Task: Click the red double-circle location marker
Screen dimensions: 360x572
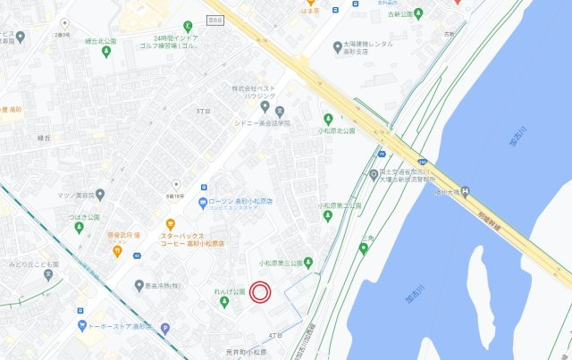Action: [259, 291]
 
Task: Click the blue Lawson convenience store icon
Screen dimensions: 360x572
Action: [203, 202]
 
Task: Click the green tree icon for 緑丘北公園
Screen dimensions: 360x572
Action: [105, 52]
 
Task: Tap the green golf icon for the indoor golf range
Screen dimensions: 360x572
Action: [188, 26]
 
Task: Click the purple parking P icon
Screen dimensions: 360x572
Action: [164, 328]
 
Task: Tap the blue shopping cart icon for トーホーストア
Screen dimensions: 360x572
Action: [82, 325]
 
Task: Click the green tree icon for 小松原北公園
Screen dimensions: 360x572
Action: [327, 118]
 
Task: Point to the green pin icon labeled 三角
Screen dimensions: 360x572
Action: [364, 247]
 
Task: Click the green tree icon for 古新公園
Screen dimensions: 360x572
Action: [418, 14]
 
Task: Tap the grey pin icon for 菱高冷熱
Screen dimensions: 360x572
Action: [139, 286]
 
